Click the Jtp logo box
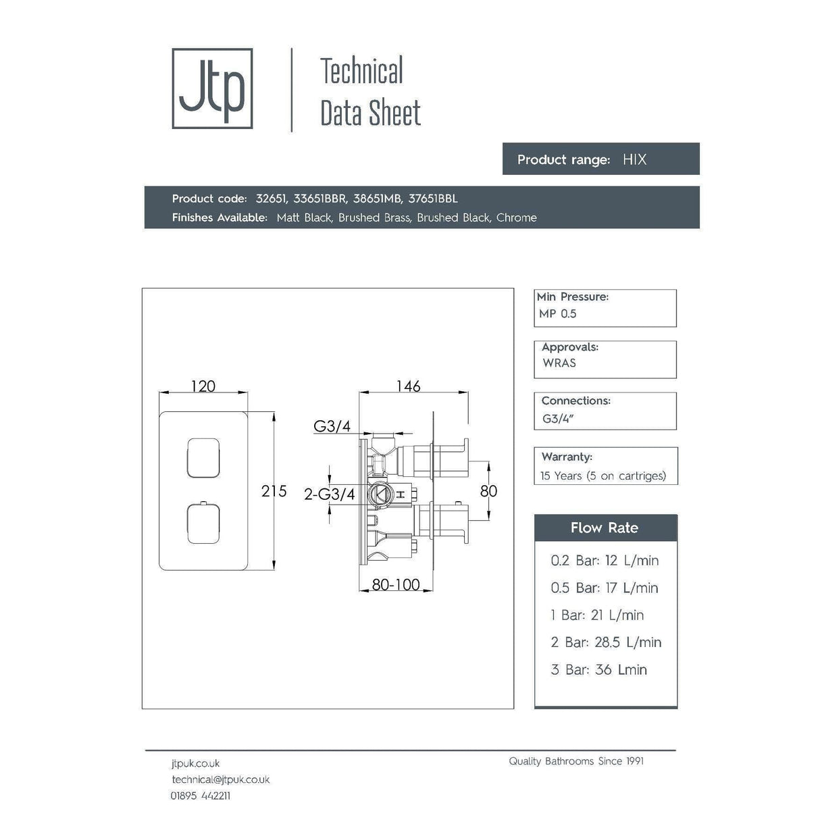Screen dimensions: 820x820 pos(212,88)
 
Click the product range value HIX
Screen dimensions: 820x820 pos(634,159)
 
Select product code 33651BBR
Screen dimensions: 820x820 pos(320,199)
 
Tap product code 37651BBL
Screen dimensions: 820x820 pos(433,199)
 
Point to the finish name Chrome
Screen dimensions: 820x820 pos(517,217)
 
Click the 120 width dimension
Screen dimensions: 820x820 pos(203,386)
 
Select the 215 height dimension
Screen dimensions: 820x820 pos(274,491)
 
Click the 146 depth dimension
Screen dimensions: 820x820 pos(408,386)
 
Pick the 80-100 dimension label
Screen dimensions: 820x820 pos(396,585)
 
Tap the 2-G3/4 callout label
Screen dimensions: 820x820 pos(329,494)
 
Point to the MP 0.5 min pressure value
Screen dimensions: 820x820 pos(558,313)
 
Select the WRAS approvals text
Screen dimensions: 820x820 pos(559,363)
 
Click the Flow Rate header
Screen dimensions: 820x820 pos(605,528)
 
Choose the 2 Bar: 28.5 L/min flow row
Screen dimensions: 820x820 pos(606,642)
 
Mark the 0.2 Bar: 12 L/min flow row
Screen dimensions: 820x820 pos(605,561)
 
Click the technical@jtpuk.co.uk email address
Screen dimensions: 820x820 pos(220,779)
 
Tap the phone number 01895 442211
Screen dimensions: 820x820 pos(201,796)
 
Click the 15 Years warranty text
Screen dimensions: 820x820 pos(603,476)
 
